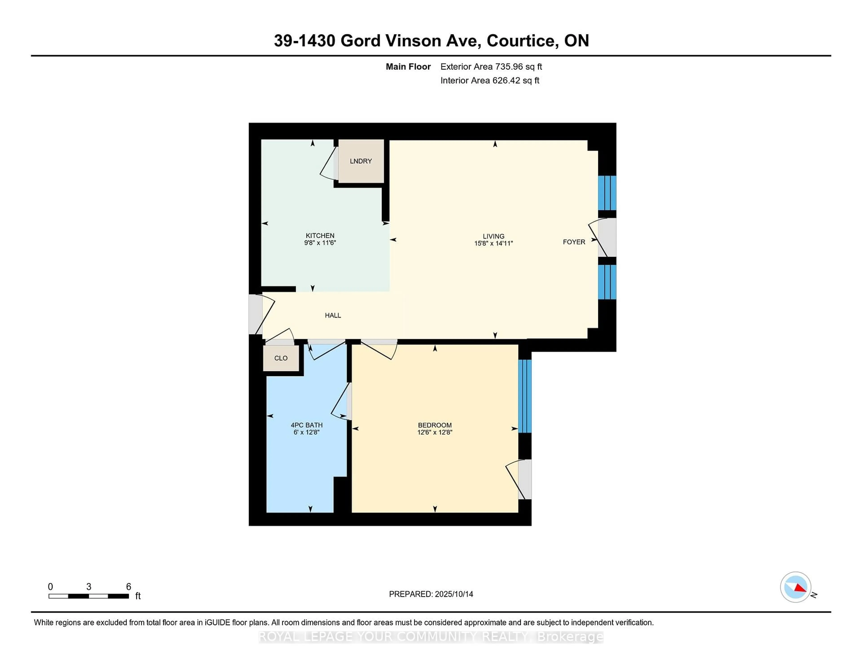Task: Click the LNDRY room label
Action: coord(361,161)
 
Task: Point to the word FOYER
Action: coord(574,242)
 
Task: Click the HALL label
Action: coord(333,315)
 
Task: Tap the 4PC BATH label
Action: coord(307,425)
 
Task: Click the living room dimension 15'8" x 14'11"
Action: coord(493,243)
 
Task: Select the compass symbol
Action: coord(796,587)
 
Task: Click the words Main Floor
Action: coord(408,67)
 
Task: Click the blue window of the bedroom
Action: coord(525,396)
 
